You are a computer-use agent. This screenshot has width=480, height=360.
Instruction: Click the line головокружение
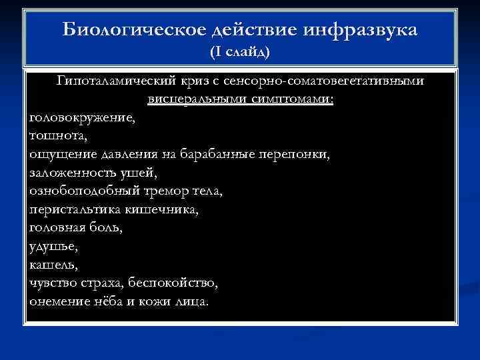pyautogui.click(x=81, y=118)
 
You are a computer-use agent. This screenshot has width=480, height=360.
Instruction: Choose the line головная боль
pyautogui.click(x=76, y=227)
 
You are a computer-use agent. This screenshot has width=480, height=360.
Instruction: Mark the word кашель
pyautogui.click(x=53, y=264)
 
